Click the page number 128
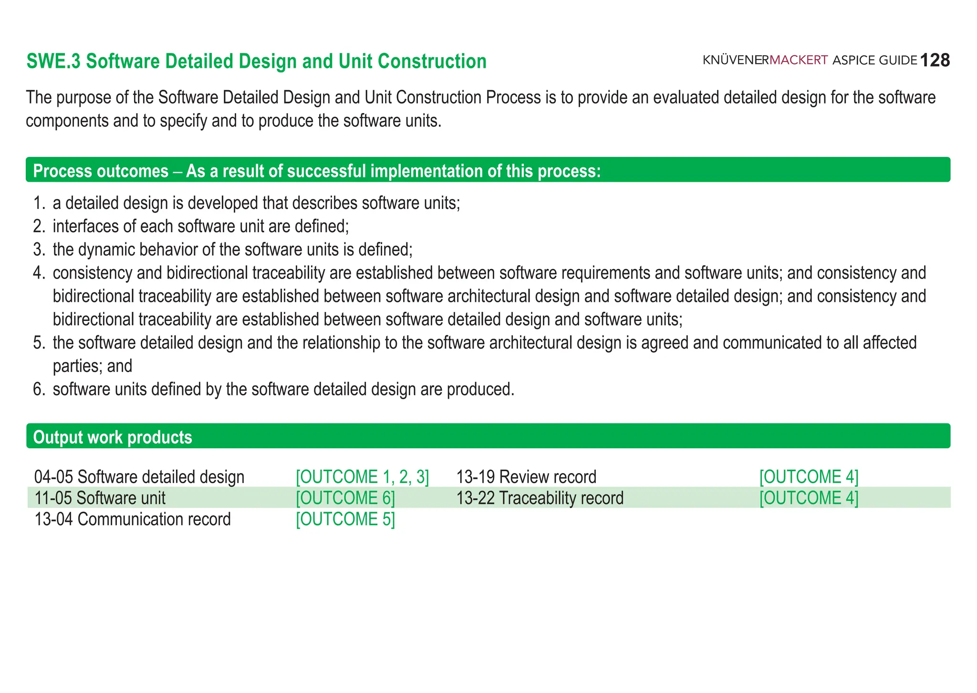(935, 61)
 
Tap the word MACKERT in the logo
(799, 61)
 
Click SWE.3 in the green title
(53, 62)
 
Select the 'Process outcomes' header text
(101, 171)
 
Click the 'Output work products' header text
(113, 437)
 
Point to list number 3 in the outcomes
(39, 249)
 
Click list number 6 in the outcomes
(39, 389)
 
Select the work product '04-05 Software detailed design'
(139, 476)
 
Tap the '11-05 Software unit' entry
(100, 497)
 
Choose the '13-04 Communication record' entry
(133, 519)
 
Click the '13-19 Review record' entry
(526, 476)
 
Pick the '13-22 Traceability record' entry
(540, 497)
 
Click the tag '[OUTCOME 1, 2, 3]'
(362, 476)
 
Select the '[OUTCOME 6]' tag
(345, 497)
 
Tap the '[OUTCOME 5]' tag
(345, 519)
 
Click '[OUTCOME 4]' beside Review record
(809, 476)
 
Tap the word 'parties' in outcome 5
(77, 366)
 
